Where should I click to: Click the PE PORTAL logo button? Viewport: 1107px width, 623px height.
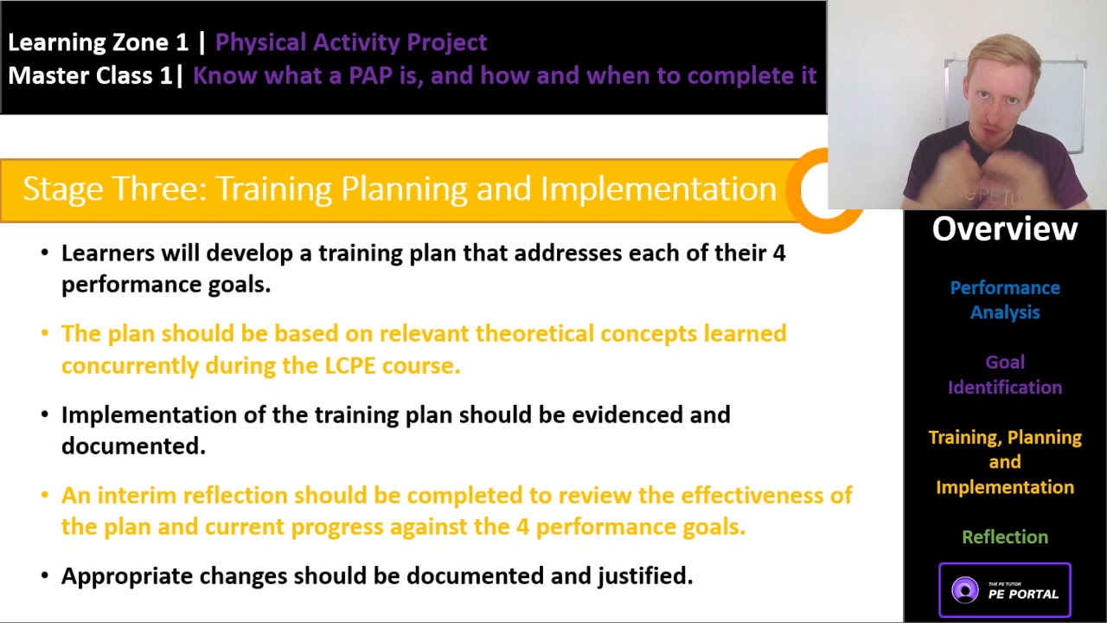click(1005, 590)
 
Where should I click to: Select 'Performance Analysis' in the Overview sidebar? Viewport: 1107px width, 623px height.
click(1005, 299)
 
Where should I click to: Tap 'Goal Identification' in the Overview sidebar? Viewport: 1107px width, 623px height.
click(1005, 375)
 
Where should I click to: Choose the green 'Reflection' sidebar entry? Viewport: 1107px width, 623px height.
click(1005, 537)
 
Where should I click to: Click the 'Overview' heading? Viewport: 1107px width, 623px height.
click(1005, 229)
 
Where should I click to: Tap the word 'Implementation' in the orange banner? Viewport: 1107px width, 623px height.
click(658, 189)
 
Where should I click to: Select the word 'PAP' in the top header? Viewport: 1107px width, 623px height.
click(370, 75)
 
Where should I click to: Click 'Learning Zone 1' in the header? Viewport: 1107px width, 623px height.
click(98, 42)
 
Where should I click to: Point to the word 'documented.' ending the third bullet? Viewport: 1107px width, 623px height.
click(133, 446)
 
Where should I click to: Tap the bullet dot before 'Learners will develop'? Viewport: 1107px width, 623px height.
click(45, 254)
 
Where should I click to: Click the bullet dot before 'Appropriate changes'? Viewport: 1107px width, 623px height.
click(45, 576)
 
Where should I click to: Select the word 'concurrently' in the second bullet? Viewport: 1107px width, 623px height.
click(130, 365)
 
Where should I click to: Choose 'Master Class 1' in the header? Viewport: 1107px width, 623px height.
click(91, 75)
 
